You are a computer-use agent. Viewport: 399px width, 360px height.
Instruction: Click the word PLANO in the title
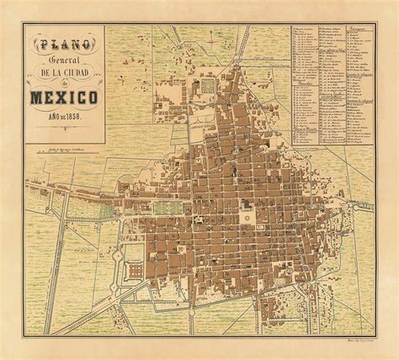click(x=66, y=42)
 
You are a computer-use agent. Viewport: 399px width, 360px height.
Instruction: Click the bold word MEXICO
click(x=66, y=102)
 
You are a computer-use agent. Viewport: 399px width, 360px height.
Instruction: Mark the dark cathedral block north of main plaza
click(x=246, y=202)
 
